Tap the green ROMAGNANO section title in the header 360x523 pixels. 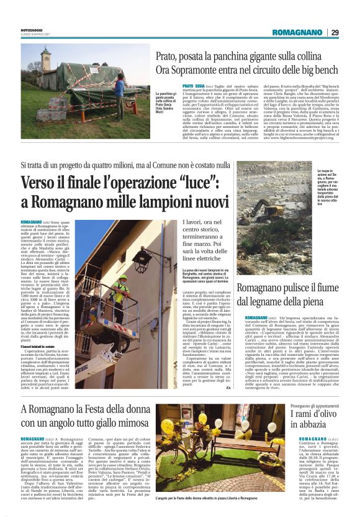point(297,32)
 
